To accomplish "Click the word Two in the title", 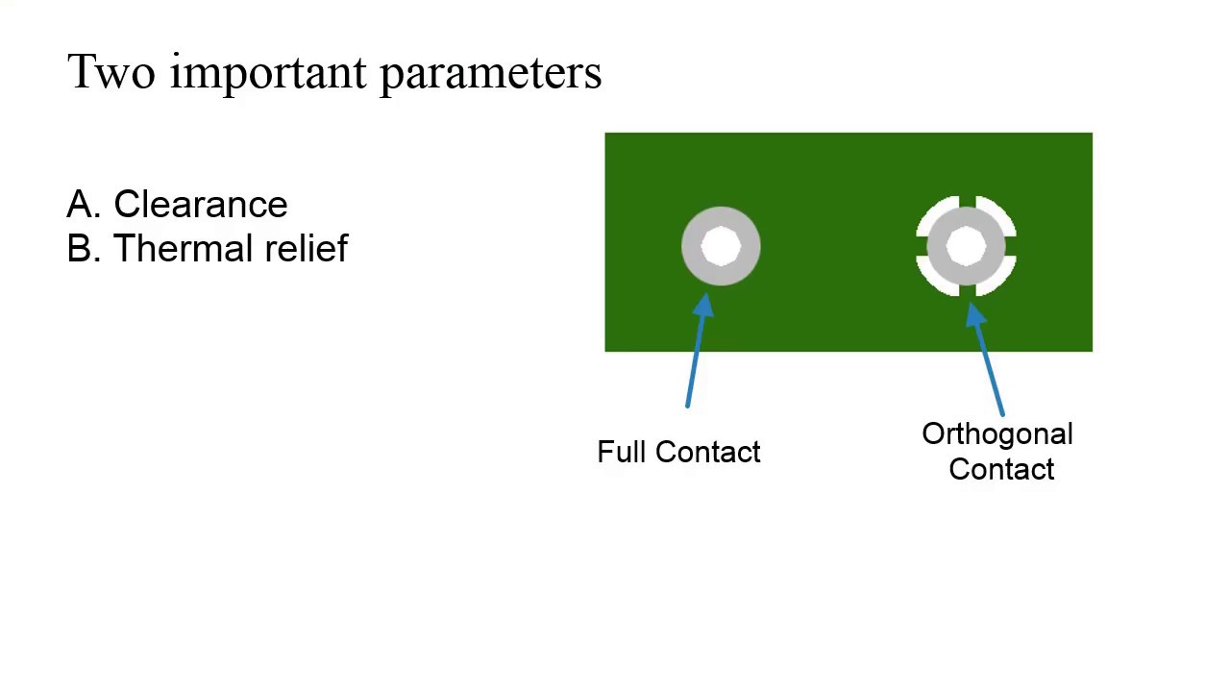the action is tap(111, 71).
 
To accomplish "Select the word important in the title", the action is tap(268, 74).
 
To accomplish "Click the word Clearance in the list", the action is tap(201, 205).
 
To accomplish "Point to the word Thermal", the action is tap(184, 248).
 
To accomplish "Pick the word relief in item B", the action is tap(307, 248).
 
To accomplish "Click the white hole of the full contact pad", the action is tap(721, 246).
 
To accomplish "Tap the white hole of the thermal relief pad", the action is tap(966, 246).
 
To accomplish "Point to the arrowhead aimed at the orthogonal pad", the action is tap(974, 314).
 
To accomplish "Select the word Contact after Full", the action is tap(708, 452).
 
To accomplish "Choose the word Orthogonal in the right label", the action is tap(997, 434).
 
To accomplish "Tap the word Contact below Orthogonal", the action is tap(1001, 470).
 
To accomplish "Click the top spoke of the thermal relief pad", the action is tap(967, 202).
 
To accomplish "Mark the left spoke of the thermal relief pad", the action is tap(922, 246).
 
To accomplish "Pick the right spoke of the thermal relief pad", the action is tap(1010, 246).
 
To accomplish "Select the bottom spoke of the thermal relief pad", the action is tap(967, 290).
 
